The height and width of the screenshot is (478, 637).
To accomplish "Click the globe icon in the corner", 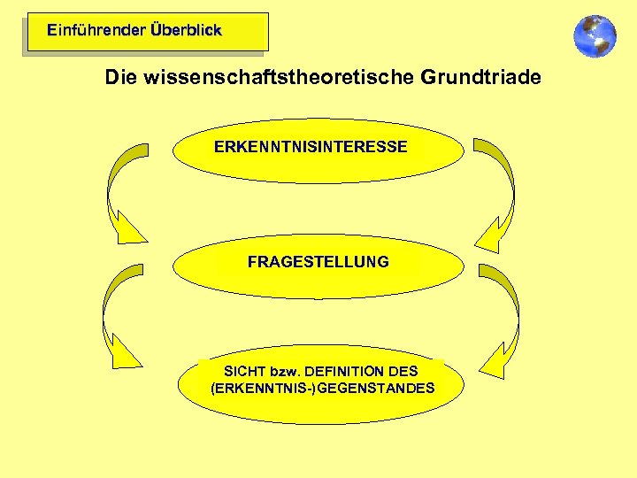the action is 595,36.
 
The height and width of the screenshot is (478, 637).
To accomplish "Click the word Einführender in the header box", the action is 96,30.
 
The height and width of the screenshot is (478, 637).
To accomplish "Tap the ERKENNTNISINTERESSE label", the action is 311,147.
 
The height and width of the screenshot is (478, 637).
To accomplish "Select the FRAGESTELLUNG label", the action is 318,262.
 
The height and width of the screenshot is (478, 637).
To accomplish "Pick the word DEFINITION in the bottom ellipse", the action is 345,371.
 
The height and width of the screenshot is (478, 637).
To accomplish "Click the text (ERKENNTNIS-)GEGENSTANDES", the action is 323,388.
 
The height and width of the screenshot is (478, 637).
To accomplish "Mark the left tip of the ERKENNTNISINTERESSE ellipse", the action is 173,150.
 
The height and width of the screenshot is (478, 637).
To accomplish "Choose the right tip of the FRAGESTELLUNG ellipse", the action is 463,265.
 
